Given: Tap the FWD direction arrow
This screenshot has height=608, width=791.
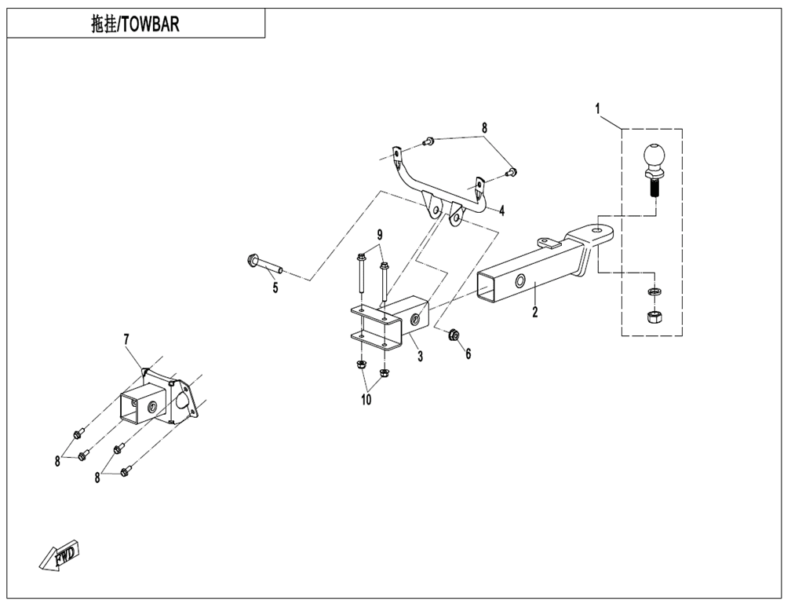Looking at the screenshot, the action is pos(59,555).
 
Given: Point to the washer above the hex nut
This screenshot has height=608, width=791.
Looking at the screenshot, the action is pos(654,291).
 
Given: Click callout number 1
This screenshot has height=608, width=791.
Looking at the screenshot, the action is pos(598,108).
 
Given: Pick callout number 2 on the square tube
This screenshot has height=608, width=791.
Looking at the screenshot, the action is pos(535,312).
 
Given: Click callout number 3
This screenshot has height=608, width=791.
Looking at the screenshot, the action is pos(421,357).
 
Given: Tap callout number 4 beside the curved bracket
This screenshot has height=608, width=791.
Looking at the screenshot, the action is pos(501,211).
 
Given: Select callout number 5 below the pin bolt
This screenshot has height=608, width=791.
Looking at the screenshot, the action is pos(275,288).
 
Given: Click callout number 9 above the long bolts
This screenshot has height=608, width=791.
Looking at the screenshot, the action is pos(380,234).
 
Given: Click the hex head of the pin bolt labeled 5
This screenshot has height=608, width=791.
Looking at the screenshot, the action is pos(251,261).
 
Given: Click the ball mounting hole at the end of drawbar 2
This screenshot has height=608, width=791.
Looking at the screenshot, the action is pos(598,230).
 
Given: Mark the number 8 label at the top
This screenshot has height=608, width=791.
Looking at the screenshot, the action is pos(484,128).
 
